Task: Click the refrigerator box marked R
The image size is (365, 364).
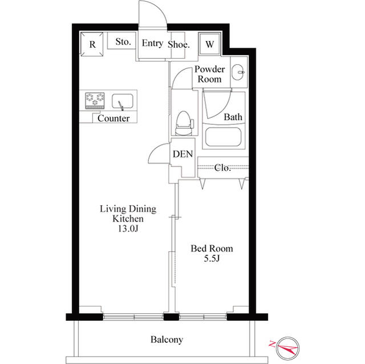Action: click(92, 44)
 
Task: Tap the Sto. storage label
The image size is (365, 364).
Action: click(123, 42)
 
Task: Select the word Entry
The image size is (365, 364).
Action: click(152, 43)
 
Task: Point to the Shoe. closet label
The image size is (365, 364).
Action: click(179, 44)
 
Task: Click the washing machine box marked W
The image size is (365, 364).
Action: click(209, 44)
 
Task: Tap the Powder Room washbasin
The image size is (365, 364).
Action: click(238, 72)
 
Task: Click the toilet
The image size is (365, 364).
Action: click(184, 123)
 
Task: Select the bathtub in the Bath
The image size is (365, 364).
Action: click(223, 137)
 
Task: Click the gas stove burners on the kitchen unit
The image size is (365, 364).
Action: click(95, 100)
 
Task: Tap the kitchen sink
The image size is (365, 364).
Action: click(123, 101)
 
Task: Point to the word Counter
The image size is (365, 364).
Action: click(113, 118)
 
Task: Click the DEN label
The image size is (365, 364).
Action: click(182, 154)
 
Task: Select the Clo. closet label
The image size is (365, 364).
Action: click(222, 167)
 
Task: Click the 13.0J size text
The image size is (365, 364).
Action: click(128, 229)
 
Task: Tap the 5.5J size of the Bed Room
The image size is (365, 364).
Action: click(212, 258)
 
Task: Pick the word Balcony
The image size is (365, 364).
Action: click(167, 340)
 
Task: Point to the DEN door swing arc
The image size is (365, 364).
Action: click(154, 149)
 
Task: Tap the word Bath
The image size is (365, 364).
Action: click(233, 117)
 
